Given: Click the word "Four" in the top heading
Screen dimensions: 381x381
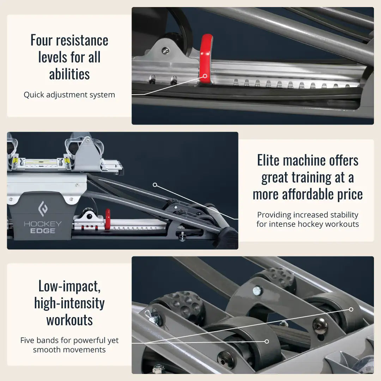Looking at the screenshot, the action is pyautogui.click(x=41, y=40).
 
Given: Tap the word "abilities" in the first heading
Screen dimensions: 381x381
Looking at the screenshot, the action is pyautogui.click(x=69, y=74).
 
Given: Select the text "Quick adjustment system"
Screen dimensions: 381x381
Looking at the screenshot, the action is pyautogui.click(x=69, y=95).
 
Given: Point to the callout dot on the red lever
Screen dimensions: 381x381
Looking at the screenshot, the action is pyautogui.click(x=205, y=76).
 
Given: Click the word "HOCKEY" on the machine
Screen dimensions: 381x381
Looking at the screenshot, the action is pyautogui.click(x=43, y=224).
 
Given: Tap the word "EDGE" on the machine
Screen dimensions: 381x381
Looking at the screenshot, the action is pyautogui.click(x=43, y=231).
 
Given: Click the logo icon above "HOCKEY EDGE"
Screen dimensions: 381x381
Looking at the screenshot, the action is pyautogui.click(x=43, y=208).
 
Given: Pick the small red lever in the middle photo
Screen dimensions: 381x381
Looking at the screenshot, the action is pyautogui.click(x=107, y=219).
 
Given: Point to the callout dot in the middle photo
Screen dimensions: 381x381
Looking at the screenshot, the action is pyautogui.click(x=155, y=185).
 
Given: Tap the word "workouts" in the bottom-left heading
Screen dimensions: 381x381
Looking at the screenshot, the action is pyautogui.click(x=69, y=320).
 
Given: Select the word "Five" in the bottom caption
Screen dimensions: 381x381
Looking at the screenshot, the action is pyautogui.click(x=28, y=340).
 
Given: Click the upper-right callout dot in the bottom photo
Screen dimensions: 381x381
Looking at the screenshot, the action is pyautogui.click(x=351, y=309).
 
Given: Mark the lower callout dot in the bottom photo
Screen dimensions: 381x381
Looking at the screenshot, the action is pyautogui.click(x=267, y=341).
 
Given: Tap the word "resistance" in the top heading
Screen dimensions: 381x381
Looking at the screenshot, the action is pyautogui.click(x=82, y=40).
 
